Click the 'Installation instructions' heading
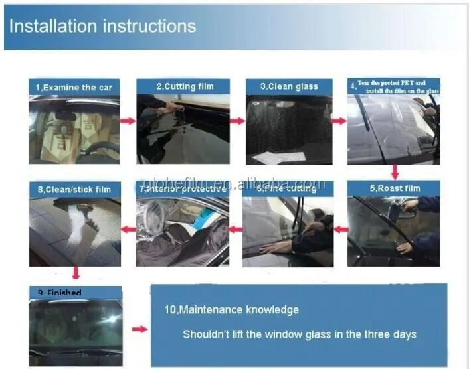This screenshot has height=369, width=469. click(103, 26)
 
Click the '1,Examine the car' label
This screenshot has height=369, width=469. click(74, 87)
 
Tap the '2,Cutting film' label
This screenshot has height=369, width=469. click(183, 86)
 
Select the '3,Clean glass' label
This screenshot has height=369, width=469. click(289, 86)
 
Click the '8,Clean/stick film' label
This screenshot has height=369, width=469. click(74, 190)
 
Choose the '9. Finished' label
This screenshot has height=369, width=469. click(60, 293)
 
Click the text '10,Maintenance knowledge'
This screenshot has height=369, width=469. click(231, 310)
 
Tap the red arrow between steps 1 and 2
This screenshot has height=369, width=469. click(128, 121)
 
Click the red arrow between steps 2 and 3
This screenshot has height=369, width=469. click(237, 121)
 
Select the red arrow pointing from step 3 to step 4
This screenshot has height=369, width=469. click(339, 121)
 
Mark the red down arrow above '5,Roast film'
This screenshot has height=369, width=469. click(395, 171)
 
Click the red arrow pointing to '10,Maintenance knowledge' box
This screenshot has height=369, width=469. click(140, 329)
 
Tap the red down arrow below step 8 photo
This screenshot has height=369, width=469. click(75, 273)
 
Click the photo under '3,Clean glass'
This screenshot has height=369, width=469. click(289, 129)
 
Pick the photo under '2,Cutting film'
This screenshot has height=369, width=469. click(183, 129)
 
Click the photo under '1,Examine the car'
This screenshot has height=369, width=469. click(74, 129)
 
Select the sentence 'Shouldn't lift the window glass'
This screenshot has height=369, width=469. click(300, 334)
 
